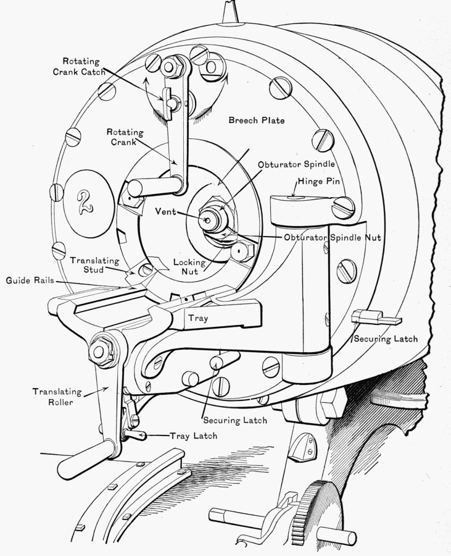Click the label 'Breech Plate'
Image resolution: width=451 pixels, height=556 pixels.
[257, 120]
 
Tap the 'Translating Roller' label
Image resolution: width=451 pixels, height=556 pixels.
[54, 397]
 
